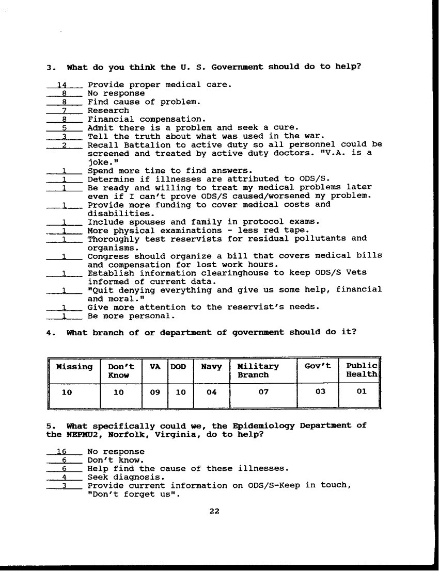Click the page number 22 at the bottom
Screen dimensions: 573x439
(x=214, y=511)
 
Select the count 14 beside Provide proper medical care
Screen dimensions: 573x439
(x=64, y=85)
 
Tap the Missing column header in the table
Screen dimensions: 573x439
(x=74, y=367)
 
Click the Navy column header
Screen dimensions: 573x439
(x=211, y=367)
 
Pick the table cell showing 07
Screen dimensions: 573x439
(x=263, y=392)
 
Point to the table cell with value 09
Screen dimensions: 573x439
(x=154, y=392)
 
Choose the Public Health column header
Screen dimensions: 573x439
(x=362, y=370)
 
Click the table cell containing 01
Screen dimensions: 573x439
(x=362, y=391)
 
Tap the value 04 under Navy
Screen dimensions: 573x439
(x=211, y=392)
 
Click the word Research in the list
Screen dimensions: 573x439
(x=108, y=110)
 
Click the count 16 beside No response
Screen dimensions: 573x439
(x=62, y=451)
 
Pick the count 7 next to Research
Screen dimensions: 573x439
(x=65, y=110)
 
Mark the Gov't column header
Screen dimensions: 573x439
(x=318, y=367)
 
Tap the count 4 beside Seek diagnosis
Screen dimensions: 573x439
(x=65, y=477)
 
